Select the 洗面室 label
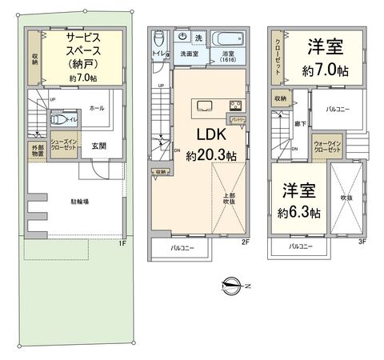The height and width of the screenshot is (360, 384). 189,54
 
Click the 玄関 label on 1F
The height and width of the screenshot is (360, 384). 99,145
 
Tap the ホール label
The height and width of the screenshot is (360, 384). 97,107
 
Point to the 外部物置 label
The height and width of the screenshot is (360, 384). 37,152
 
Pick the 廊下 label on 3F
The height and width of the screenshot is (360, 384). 299,125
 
